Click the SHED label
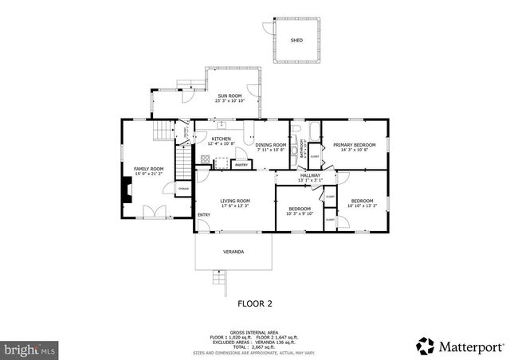(x=296, y=40)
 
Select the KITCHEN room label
(x=221, y=139)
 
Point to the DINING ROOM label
(x=270, y=145)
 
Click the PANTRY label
(x=241, y=165)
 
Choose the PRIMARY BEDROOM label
(x=355, y=145)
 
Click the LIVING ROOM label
(x=235, y=201)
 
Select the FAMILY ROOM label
(x=148, y=169)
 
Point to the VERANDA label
(x=233, y=252)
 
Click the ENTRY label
(x=204, y=214)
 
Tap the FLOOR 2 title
(x=255, y=303)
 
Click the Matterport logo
(x=460, y=346)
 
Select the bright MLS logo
(x=30, y=349)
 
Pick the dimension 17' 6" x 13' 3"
(x=235, y=206)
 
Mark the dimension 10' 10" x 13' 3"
(x=362, y=206)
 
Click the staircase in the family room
(x=184, y=164)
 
